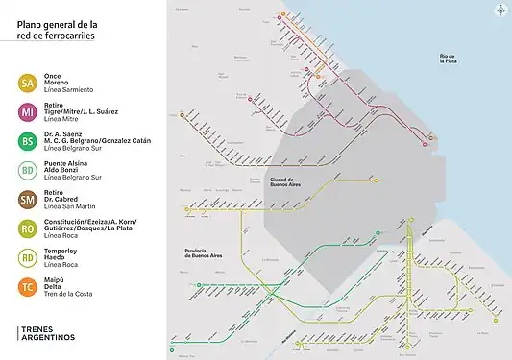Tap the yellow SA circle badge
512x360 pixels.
(x=28, y=84)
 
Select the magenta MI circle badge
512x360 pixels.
(x=28, y=112)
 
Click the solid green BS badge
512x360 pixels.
(x=28, y=142)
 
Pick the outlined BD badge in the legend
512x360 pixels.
(x=28, y=171)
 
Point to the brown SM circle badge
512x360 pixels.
(x=28, y=199)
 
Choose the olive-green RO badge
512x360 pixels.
(x=28, y=228)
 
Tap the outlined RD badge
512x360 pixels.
(x=28, y=256)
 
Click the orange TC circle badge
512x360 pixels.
(x=28, y=285)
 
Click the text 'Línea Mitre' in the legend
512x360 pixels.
(x=63, y=119)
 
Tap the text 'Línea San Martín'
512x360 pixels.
(x=71, y=205)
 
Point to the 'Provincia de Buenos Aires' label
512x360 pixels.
(x=204, y=254)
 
